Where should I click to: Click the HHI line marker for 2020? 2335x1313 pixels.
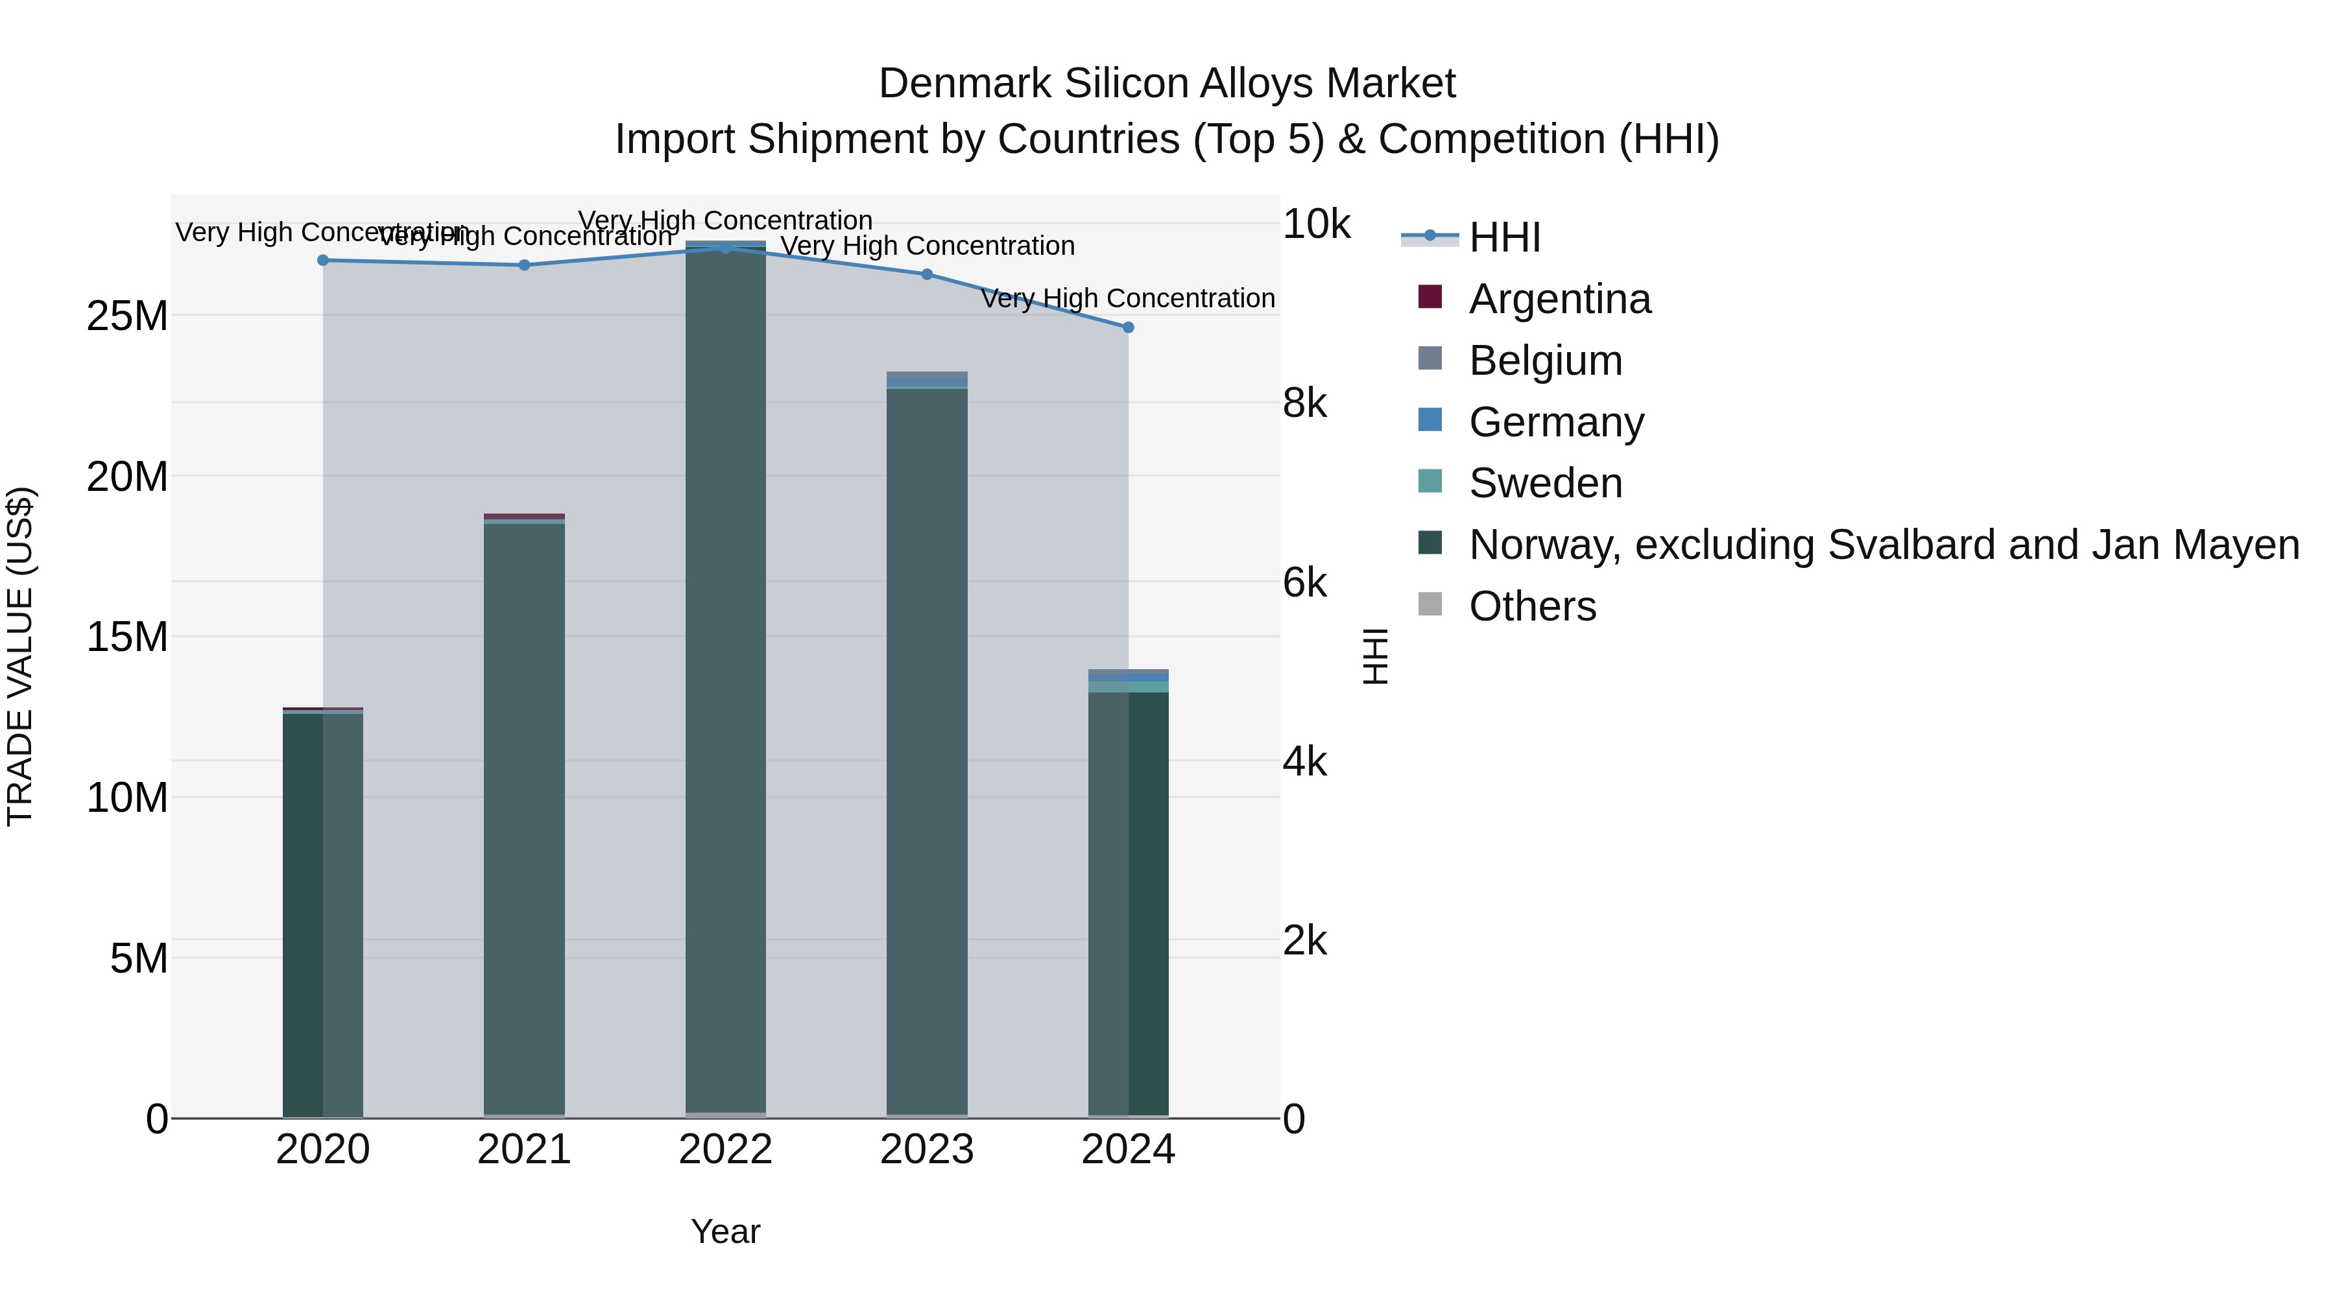[323, 260]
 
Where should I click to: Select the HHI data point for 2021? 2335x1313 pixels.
[524, 265]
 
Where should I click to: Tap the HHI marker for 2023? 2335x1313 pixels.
[926, 274]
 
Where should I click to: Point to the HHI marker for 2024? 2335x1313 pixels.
[1128, 327]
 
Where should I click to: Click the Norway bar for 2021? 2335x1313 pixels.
[524, 816]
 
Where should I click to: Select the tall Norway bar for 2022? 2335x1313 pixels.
[725, 680]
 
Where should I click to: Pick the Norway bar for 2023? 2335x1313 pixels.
[926, 752]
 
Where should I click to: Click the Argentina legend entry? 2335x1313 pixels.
[1559, 299]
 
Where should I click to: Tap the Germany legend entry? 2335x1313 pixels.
[1555, 422]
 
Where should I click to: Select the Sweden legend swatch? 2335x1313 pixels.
[1430, 482]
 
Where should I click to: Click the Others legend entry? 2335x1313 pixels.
[1532, 606]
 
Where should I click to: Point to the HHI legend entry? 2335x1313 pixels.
[1505, 237]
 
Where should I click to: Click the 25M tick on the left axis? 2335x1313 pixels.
[127, 316]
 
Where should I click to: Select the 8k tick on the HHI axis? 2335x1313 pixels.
[1304, 403]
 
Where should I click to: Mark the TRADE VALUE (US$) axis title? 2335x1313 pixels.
[20, 656]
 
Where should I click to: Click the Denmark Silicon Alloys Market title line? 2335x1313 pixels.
[1167, 84]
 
